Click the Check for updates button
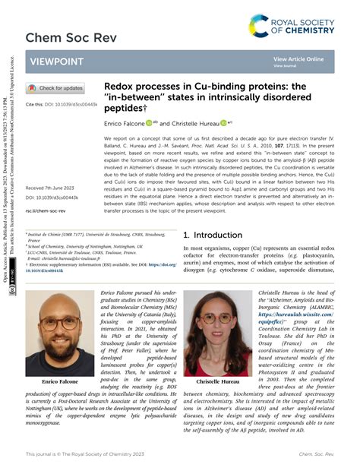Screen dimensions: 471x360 pos(56,88)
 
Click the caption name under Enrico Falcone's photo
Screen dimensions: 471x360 pos(62,359)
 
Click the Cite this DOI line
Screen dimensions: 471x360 pos(58,103)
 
